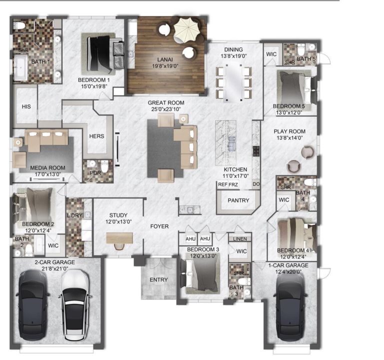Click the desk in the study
click(x=119, y=238)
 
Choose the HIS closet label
click(x=26, y=106)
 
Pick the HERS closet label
click(x=96, y=136)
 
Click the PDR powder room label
click(x=95, y=173)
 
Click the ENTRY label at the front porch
click(x=159, y=279)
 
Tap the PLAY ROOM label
click(x=289, y=131)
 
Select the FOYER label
click(x=160, y=226)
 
